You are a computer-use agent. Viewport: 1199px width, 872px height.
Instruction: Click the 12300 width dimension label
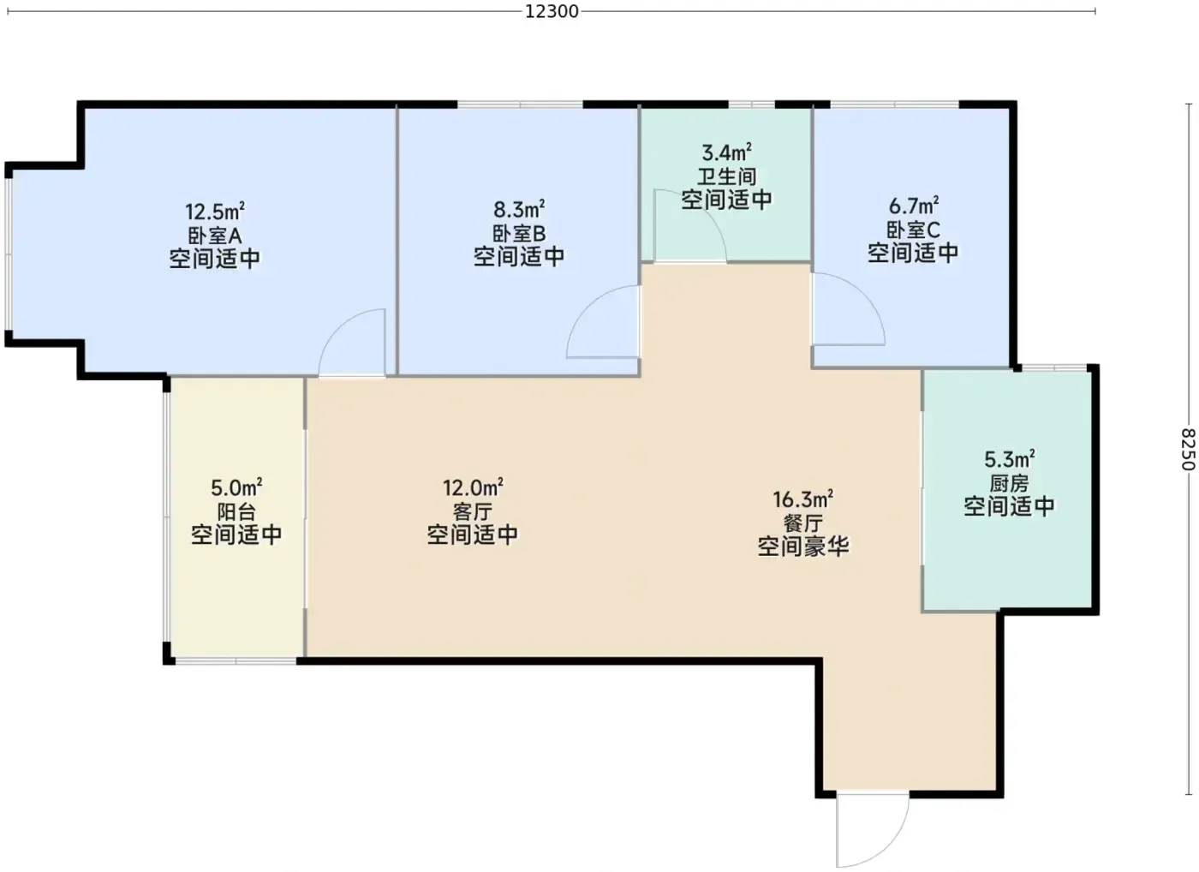pos(552,11)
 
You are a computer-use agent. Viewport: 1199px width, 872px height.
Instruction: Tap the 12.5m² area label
pos(215,211)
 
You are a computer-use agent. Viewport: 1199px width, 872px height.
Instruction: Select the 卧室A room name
pos(215,236)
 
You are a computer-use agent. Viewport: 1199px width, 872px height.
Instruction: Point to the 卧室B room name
pos(519,233)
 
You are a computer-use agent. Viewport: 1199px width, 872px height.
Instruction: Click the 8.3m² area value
pos(519,208)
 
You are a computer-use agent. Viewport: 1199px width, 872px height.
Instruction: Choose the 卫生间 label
pos(727,176)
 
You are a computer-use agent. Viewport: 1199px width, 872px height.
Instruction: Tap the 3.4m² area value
pos(727,152)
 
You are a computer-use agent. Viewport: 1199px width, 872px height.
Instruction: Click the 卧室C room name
pos(913,230)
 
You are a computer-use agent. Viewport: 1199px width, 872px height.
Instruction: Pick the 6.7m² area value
pos(914,205)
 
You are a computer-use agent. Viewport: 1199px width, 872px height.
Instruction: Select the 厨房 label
pos(1009,483)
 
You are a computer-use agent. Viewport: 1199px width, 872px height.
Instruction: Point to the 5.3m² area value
pos(1010,459)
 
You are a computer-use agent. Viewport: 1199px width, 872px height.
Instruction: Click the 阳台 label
pos(236,511)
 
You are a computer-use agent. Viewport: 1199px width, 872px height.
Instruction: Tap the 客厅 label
pos(473,511)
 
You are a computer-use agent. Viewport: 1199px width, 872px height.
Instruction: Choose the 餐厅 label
pos(803,523)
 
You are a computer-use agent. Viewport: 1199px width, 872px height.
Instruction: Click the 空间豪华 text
pos(803,546)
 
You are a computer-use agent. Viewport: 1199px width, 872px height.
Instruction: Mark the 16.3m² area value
pos(803,499)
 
